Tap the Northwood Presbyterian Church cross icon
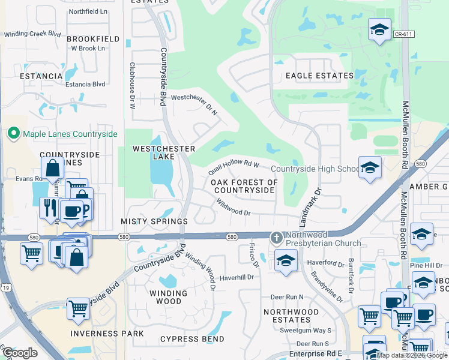[x=276, y=238]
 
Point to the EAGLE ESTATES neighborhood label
[x=319, y=76]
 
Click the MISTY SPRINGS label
[x=154, y=221]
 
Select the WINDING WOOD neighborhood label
[x=168, y=298]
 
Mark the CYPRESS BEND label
[x=192, y=339]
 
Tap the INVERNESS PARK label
[x=107, y=333]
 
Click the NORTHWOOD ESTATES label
[x=291, y=316]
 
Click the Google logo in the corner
[x=19, y=353]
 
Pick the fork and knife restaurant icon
[x=49, y=207]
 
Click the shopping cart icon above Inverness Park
[x=78, y=308]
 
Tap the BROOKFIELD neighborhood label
[x=93, y=39]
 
